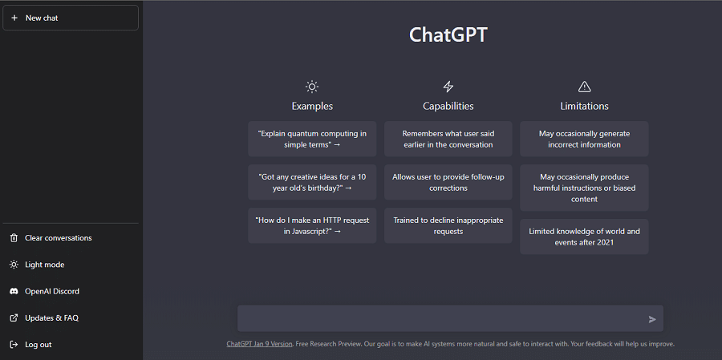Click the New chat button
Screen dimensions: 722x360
(x=71, y=18)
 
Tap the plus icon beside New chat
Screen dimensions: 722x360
(x=14, y=18)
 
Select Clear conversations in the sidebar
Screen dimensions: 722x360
(x=58, y=238)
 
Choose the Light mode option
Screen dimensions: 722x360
(x=45, y=265)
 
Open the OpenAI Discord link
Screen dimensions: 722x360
(x=52, y=291)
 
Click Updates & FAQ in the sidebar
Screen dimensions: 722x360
(x=51, y=318)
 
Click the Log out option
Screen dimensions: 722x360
(x=39, y=345)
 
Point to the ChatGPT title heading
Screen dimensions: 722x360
(x=448, y=35)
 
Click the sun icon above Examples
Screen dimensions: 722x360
(x=312, y=87)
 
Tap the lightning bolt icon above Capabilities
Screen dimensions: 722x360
(x=448, y=87)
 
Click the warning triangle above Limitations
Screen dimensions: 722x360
(x=584, y=87)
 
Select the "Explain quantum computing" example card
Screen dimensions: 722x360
(x=312, y=139)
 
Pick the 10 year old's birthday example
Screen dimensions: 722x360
(x=312, y=182)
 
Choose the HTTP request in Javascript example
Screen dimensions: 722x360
(x=312, y=225)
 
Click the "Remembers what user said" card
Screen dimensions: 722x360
(x=448, y=139)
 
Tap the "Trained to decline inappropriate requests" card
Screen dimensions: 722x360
(x=448, y=225)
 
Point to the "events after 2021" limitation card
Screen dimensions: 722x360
(x=584, y=237)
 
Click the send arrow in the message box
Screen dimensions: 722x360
(x=652, y=319)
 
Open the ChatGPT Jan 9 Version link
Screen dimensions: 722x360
(x=259, y=344)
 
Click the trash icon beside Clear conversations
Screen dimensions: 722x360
(x=14, y=238)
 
